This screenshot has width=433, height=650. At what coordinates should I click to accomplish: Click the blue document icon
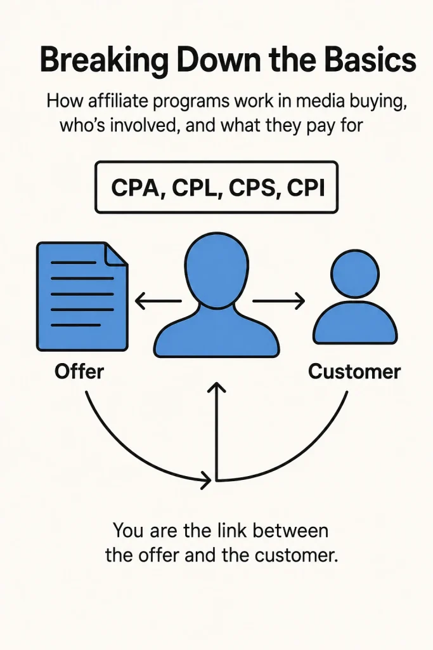(x=82, y=296)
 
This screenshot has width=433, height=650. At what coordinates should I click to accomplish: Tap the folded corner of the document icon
(x=116, y=254)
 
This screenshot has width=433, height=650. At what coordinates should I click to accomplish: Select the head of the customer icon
(x=355, y=273)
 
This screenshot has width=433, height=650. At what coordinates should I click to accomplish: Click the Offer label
(x=79, y=371)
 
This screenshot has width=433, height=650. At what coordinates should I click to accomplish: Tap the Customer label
(x=354, y=371)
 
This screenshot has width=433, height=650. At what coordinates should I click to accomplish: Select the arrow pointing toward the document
(x=158, y=300)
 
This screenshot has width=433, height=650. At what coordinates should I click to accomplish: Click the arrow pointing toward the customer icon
(x=278, y=300)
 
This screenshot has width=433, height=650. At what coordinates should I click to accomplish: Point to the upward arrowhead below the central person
(x=216, y=387)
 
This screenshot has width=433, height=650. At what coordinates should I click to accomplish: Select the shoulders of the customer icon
(x=355, y=323)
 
